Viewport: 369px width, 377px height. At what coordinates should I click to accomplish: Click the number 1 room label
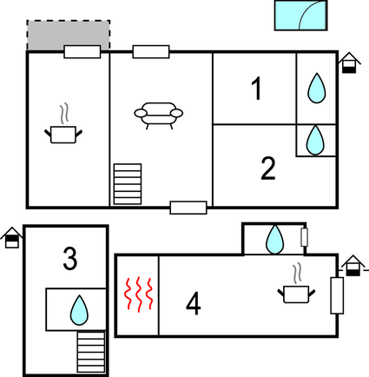point(257,89)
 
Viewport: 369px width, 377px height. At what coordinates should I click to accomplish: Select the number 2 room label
point(268,169)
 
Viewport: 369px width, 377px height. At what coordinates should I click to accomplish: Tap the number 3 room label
point(70,259)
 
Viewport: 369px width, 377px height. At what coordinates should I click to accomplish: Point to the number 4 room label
point(194,303)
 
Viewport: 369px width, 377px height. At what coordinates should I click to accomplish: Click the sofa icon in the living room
point(158,116)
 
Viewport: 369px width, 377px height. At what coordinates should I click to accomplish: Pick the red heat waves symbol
point(138,294)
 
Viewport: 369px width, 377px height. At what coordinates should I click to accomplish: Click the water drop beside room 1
point(316,89)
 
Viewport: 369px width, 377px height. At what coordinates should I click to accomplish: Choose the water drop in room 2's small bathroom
point(315,140)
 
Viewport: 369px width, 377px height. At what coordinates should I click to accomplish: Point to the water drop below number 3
point(79,310)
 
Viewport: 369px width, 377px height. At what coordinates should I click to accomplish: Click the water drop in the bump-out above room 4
point(274,239)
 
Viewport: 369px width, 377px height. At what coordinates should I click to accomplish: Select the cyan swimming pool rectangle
point(300,15)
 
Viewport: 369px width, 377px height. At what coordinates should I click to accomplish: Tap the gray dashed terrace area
point(69,35)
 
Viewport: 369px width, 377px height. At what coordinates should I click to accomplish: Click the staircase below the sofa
point(128,184)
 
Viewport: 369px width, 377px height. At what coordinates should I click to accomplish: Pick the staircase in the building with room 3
point(91,352)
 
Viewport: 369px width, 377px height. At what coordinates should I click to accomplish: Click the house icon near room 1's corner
point(349,63)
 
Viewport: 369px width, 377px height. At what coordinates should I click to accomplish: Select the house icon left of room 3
point(12,238)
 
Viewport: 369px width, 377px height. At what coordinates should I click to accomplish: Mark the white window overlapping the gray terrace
point(82,52)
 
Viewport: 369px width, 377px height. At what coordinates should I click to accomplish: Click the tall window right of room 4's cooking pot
point(337,295)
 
